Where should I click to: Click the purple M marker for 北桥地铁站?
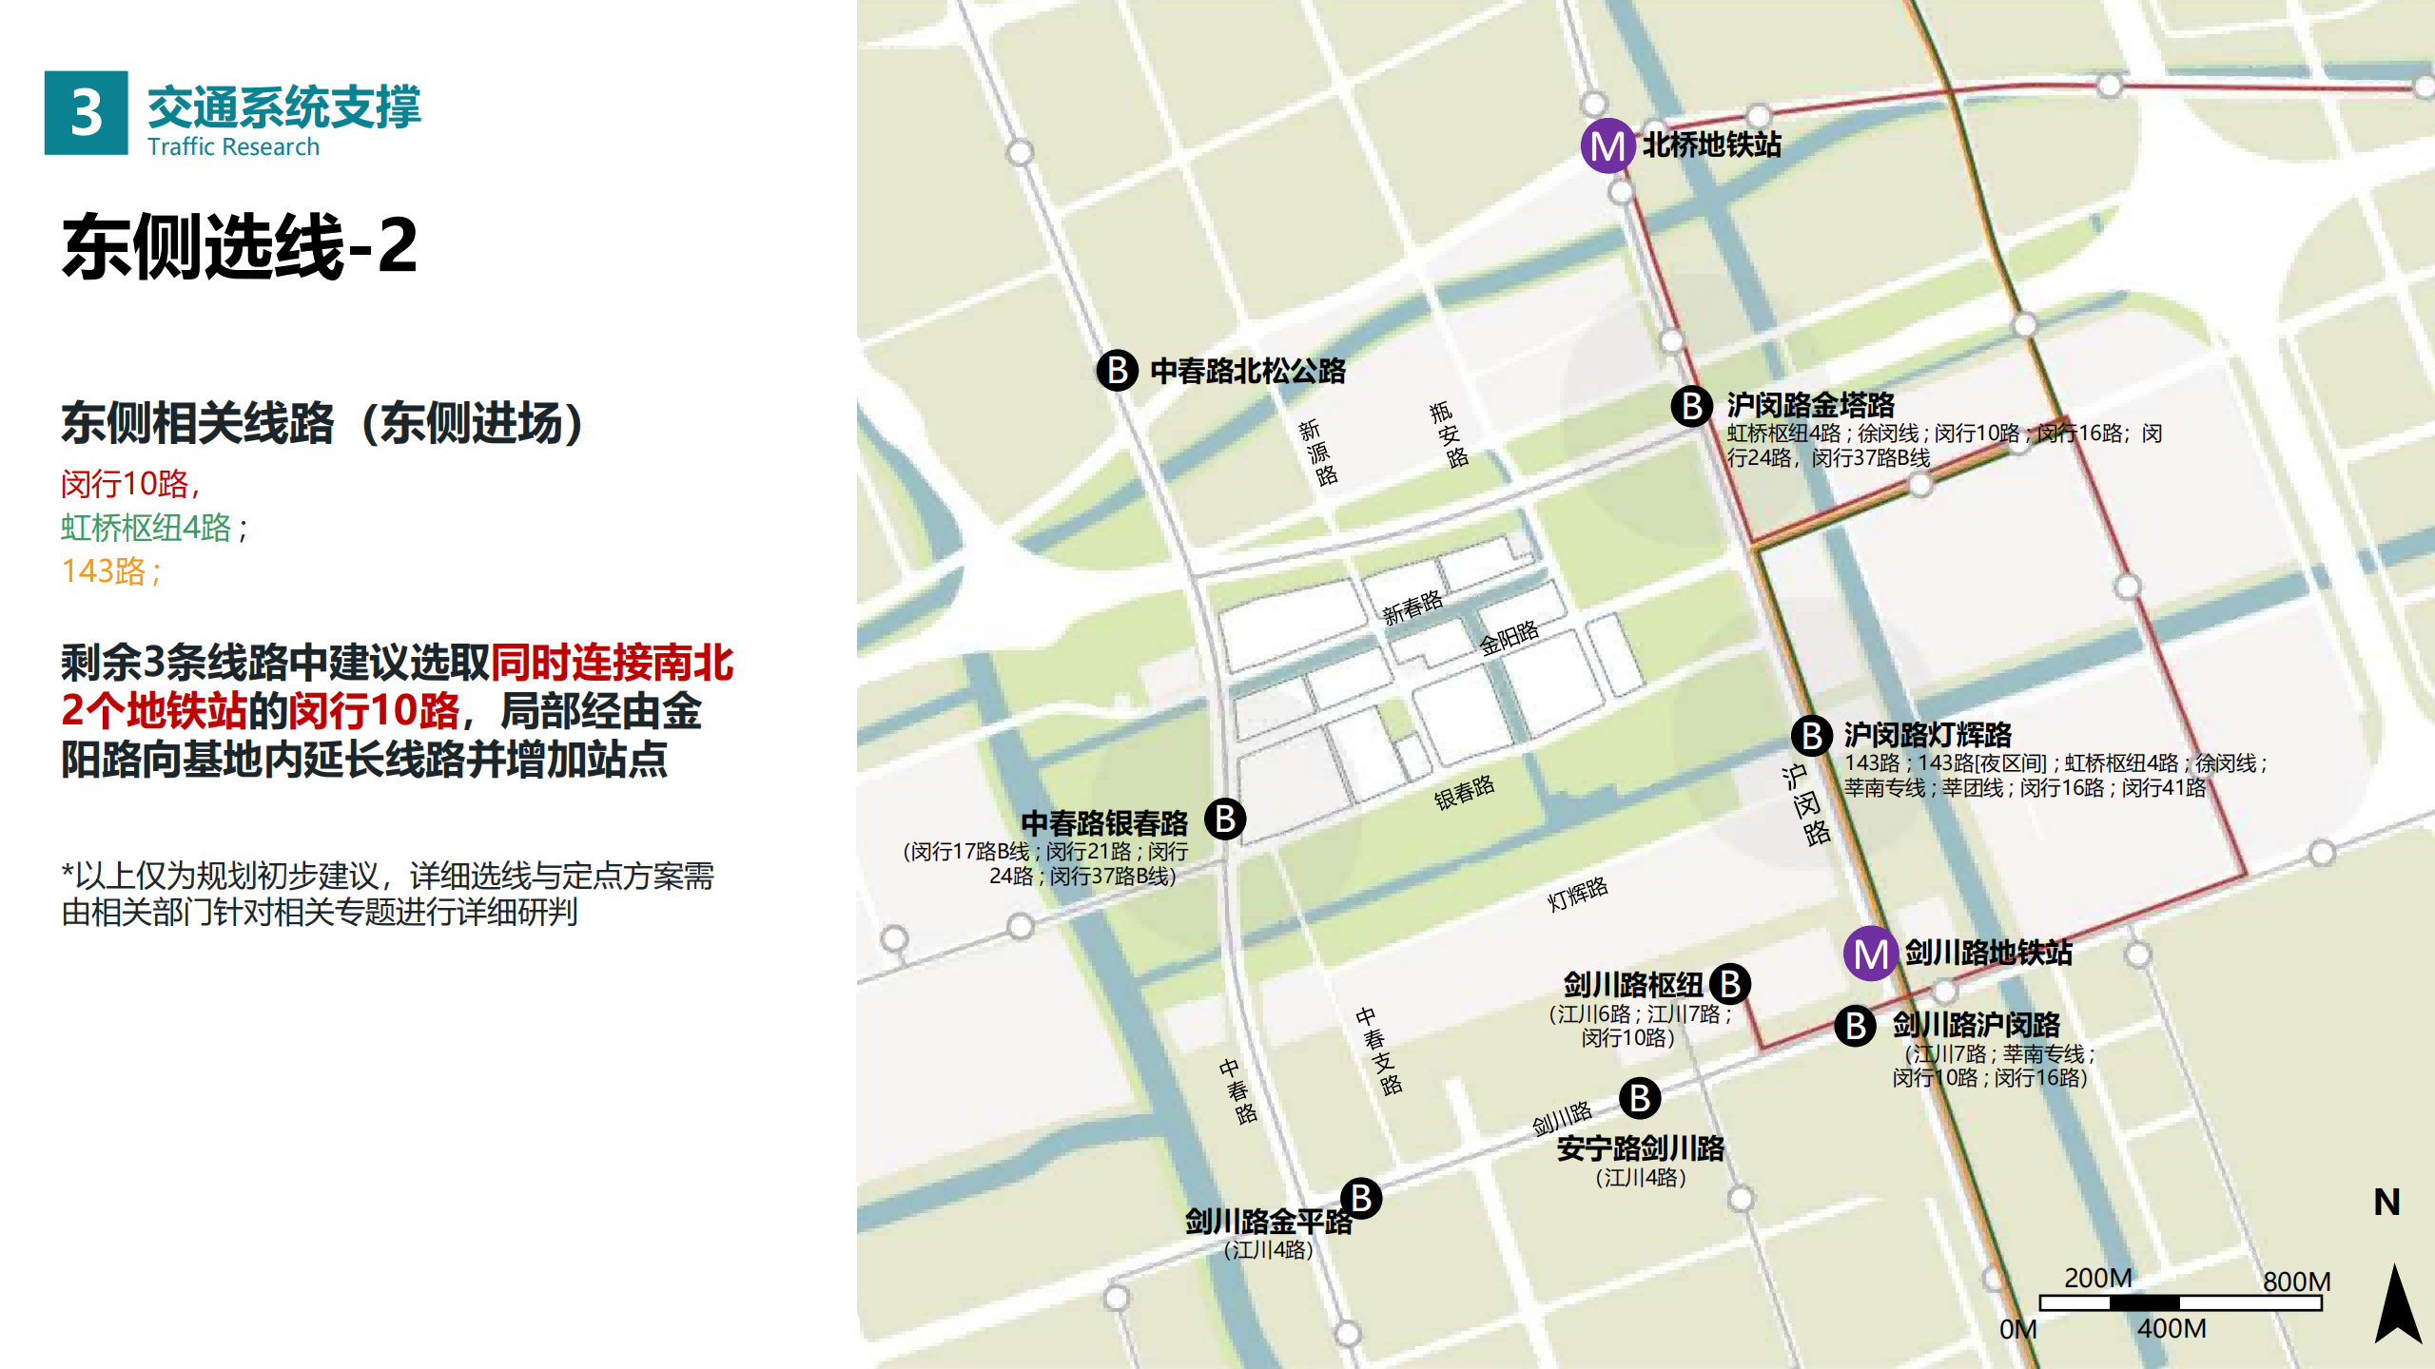pos(1607,145)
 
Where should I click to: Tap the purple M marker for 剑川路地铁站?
pos(1871,954)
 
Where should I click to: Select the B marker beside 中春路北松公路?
pos(1118,370)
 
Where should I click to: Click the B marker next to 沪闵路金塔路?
pos(1692,406)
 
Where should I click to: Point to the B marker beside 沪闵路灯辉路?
pos(1812,735)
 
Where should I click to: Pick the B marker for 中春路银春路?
pos(1225,819)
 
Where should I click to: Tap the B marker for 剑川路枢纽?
pos(1730,984)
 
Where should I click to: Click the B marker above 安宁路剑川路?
pos(1640,1098)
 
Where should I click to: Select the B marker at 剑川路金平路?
pos(1361,1199)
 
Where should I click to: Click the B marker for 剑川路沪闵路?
pos(1855,1026)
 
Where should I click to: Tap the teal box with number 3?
pos(86,112)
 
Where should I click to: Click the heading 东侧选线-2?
pos(240,245)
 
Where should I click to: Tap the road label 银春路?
pos(1464,792)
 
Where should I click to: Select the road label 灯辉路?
pos(1577,894)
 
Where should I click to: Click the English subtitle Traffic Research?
pos(233,146)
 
